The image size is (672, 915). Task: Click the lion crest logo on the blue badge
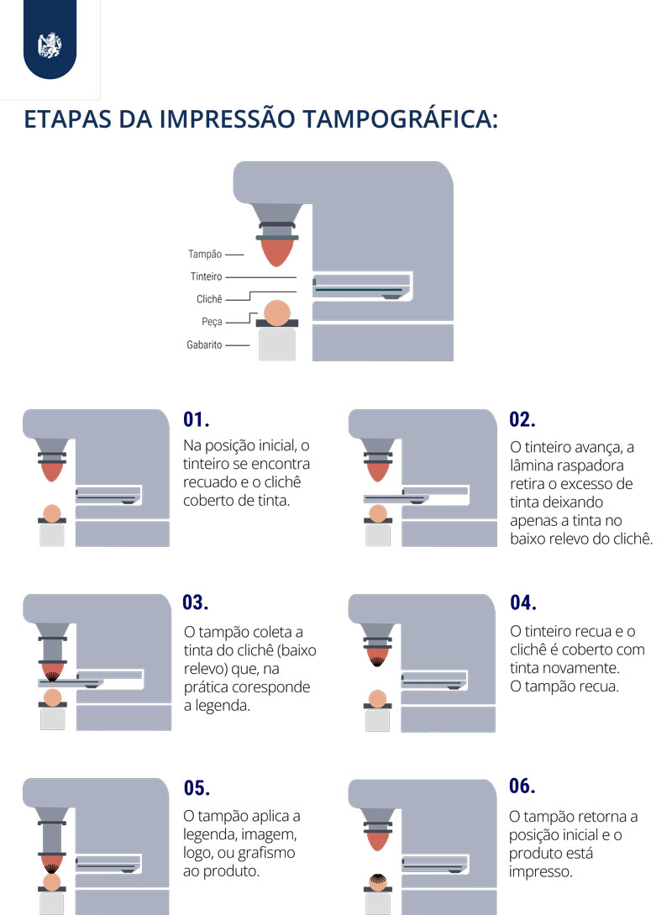pyautogui.click(x=50, y=45)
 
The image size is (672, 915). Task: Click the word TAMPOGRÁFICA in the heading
pyautogui.click(x=400, y=119)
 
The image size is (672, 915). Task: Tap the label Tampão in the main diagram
pyautogui.click(x=205, y=254)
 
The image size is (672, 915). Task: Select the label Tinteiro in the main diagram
pyautogui.click(x=207, y=276)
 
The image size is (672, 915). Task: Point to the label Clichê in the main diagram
pyautogui.click(x=209, y=299)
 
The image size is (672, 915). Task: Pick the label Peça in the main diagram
pyautogui.click(x=212, y=322)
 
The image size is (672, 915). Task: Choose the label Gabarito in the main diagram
pyautogui.click(x=204, y=344)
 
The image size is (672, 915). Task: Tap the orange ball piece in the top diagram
pyautogui.click(x=277, y=313)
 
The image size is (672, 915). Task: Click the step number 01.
pyautogui.click(x=196, y=419)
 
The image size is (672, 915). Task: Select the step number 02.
pyautogui.click(x=522, y=419)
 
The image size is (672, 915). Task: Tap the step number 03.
pyautogui.click(x=196, y=602)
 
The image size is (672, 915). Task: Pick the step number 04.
pyautogui.click(x=523, y=602)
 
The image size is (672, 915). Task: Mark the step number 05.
pyautogui.click(x=197, y=788)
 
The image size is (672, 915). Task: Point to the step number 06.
pyautogui.click(x=522, y=786)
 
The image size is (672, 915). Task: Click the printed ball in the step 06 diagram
pyautogui.click(x=378, y=881)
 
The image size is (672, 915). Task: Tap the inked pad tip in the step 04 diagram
pyautogui.click(x=377, y=657)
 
